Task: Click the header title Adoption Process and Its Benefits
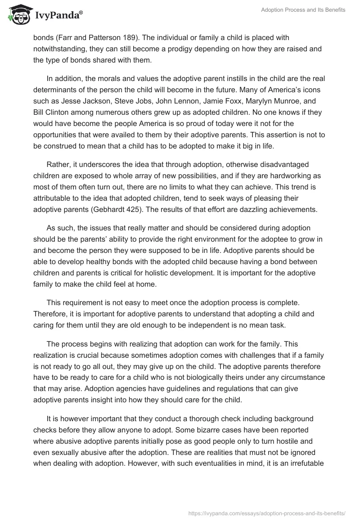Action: (x=303, y=10)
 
